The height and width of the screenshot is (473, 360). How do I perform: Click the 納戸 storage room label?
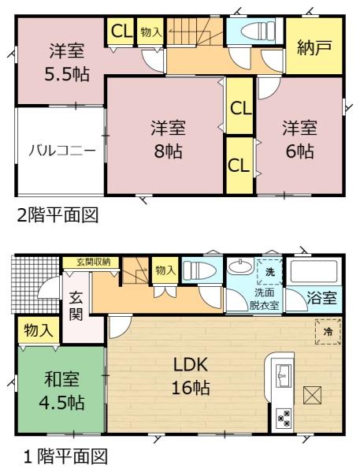click(314, 47)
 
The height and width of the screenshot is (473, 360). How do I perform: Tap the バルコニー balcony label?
click(62, 150)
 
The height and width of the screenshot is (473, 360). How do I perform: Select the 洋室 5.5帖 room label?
click(67, 62)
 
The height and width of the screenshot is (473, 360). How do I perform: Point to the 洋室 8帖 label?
click(169, 139)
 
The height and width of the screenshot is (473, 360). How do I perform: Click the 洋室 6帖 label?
click(299, 139)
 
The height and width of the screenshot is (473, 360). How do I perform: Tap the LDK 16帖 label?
click(191, 376)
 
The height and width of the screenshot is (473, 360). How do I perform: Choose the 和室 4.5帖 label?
click(61, 391)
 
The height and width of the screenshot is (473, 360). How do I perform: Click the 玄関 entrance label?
click(76, 306)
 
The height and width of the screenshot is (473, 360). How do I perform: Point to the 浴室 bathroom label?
click(321, 298)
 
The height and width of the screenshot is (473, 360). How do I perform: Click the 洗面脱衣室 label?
click(264, 299)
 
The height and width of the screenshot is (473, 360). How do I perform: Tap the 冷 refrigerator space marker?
click(328, 332)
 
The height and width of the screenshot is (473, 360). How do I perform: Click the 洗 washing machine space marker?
click(270, 272)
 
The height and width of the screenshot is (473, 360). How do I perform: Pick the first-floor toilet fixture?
click(199, 270)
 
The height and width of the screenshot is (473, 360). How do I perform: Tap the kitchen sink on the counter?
click(283, 376)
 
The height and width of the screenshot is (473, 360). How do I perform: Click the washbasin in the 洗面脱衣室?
click(240, 266)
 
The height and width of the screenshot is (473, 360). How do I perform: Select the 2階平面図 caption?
click(58, 215)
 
